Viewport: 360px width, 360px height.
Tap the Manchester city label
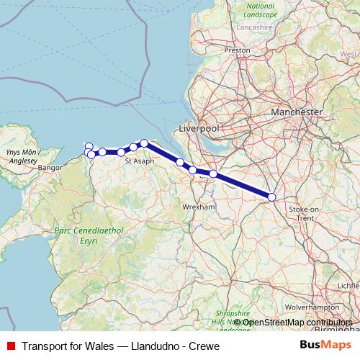(x=297, y=113)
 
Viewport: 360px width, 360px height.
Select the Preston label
(x=237, y=50)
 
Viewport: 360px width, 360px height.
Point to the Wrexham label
(x=199, y=207)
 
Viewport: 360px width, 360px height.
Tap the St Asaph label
(x=138, y=162)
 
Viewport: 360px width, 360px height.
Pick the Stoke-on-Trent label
(x=300, y=212)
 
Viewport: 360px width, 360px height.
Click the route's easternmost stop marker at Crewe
(x=271, y=197)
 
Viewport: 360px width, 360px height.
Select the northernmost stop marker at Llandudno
(x=89, y=146)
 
